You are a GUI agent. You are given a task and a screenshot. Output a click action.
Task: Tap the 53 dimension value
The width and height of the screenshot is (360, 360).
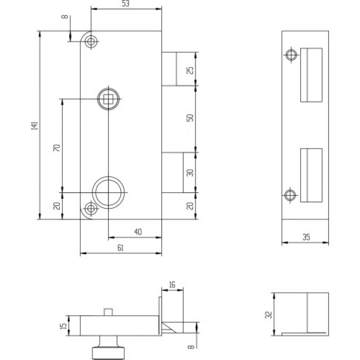coord(126,5)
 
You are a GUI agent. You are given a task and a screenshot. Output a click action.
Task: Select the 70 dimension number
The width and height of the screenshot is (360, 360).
coord(55,148)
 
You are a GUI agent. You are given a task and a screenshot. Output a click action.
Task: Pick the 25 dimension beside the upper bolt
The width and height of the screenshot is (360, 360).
coord(190,70)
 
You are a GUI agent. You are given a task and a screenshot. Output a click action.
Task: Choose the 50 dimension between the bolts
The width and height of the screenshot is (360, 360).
coord(190,119)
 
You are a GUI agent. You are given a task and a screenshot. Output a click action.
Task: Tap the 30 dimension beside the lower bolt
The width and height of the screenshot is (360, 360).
coord(190,172)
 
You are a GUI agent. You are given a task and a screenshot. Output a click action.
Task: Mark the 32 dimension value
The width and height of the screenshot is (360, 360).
coord(268,314)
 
